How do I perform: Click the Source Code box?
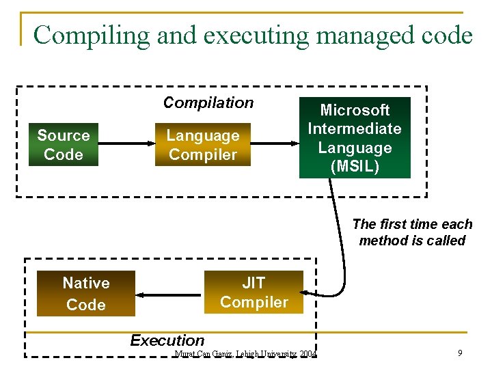[64, 145]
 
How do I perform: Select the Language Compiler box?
[202, 145]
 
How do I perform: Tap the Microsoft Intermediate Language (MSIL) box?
[355, 137]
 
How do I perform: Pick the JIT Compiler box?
[254, 292]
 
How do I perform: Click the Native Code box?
[86, 294]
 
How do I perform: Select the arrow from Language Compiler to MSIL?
[275, 143]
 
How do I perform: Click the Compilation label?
[208, 102]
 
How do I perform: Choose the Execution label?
[167, 340]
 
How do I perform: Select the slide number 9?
[460, 353]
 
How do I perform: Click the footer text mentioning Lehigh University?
[245, 354]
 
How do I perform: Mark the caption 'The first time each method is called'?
[412, 232]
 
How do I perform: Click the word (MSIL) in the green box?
[355, 166]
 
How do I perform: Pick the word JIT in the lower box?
[254, 283]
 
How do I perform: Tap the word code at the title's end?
[448, 35]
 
